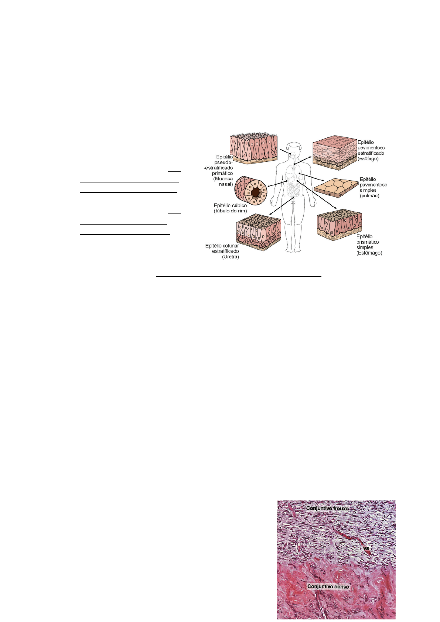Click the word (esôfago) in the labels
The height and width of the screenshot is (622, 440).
[x=368, y=159]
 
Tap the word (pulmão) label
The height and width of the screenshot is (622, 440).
[x=369, y=196]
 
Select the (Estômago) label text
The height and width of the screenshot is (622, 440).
[x=369, y=253]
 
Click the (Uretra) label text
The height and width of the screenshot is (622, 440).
[x=230, y=257]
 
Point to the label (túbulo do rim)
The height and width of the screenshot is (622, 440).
[x=230, y=211]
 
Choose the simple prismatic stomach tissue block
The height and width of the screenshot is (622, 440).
[x=339, y=224]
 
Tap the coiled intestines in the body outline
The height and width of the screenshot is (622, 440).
[x=294, y=190]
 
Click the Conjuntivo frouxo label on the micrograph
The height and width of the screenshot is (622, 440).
[x=327, y=508]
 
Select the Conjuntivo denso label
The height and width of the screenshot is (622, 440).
[x=328, y=587]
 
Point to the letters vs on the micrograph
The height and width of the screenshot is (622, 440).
[x=366, y=548]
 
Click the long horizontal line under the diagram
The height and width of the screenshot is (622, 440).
[x=238, y=276]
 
